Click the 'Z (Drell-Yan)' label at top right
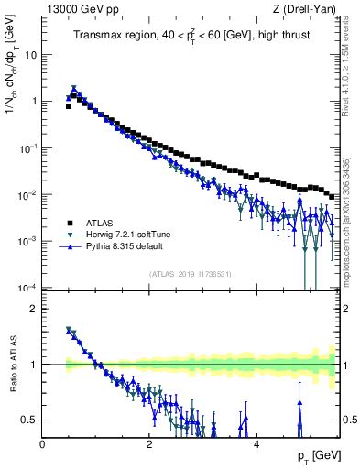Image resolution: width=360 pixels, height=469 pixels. (304, 9)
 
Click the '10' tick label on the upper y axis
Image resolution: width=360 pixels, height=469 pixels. (30, 54)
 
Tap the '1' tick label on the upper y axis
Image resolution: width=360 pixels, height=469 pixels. (34, 101)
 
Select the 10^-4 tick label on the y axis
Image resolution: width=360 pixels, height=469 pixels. (28, 288)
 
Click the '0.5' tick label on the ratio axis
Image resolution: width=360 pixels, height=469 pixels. (29, 420)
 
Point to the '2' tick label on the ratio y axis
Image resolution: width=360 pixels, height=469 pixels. (34, 309)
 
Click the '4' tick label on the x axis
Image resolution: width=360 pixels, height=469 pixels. (256, 442)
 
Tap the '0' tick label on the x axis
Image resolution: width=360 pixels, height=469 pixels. (43, 442)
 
